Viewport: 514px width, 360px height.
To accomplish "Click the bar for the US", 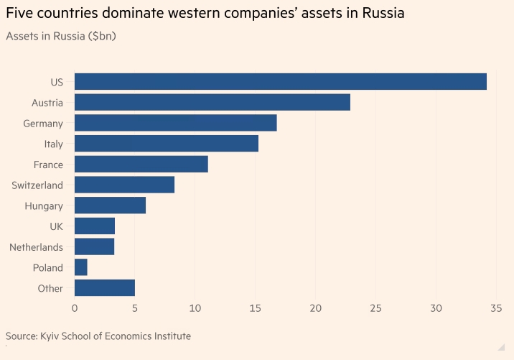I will (x=280, y=81).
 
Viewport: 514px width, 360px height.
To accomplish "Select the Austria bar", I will (x=212, y=102).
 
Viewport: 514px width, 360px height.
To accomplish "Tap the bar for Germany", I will (x=175, y=123).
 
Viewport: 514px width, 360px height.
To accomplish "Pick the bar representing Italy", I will (x=167, y=144).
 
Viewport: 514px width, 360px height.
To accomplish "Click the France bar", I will (x=141, y=165).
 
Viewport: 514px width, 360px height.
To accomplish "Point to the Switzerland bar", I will (x=124, y=185).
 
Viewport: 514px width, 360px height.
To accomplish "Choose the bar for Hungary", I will (x=110, y=206).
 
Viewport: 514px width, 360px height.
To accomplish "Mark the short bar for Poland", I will (x=81, y=268).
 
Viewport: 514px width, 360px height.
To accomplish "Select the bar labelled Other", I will (x=105, y=288).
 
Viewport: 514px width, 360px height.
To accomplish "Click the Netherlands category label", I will (x=36, y=247).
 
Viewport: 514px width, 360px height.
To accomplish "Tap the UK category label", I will (x=56, y=226).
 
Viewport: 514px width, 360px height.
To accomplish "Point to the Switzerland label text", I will (x=37, y=185).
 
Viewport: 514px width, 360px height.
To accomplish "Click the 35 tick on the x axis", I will (x=495, y=308).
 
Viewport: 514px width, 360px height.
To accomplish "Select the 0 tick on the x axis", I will (x=75, y=308).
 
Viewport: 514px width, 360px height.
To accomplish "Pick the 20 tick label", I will (x=315, y=308).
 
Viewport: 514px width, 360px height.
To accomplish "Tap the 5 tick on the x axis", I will (x=135, y=308).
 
